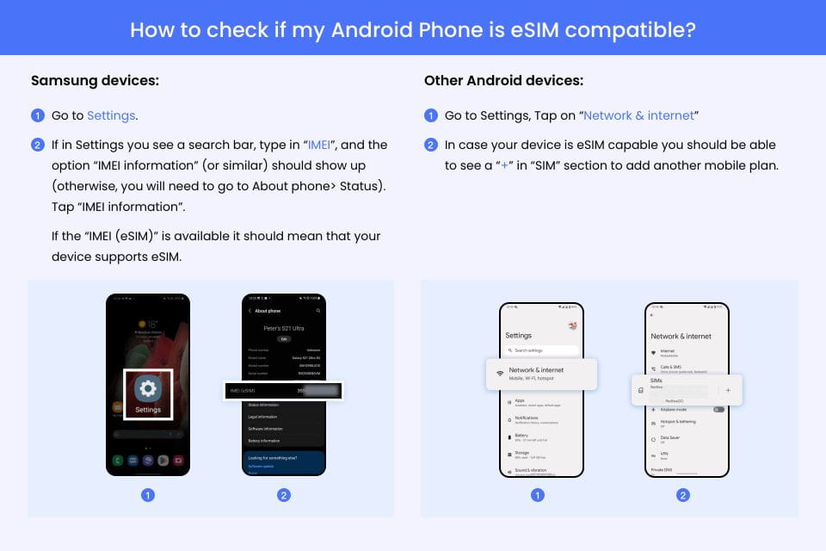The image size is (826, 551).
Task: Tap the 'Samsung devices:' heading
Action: click(95, 81)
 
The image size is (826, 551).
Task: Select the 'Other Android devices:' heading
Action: click(503, 81)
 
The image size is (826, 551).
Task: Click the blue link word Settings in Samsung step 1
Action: click(111, 115)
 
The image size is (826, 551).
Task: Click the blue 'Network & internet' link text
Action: click(638, 115)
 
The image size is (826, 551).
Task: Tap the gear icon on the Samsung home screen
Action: click(148, 388)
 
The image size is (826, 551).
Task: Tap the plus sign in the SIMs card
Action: click(728, 390)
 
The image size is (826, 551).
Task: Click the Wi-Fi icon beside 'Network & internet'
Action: click(499, 373)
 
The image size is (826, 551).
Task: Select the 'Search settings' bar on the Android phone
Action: click(541, 350)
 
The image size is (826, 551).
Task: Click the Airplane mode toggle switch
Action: click(718, 409)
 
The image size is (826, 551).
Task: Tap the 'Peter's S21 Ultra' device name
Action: click(283, 328)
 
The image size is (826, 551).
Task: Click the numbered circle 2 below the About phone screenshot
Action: click(284, 495)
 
